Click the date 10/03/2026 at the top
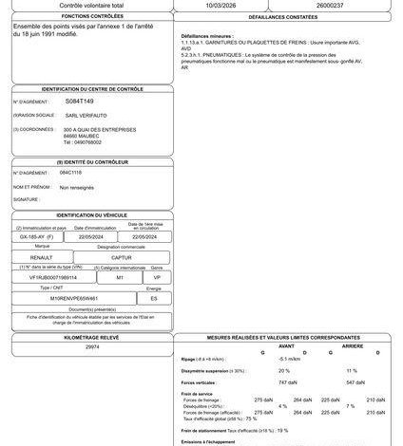point(221,4)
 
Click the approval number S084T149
point(80,100)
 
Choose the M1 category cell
point(120,278)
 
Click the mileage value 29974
point(92,348)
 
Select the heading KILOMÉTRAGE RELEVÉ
point(92,336)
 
